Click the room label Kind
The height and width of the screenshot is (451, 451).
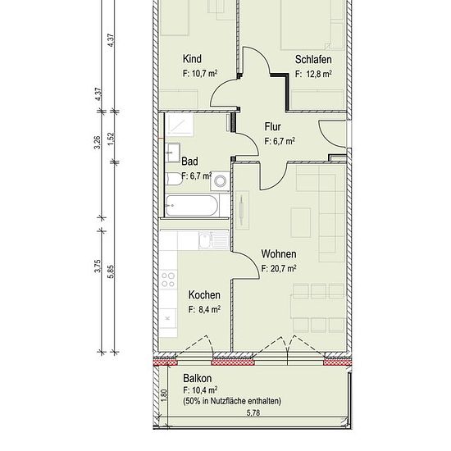coord(192,59)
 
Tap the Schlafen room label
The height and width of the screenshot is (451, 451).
coord(313,60)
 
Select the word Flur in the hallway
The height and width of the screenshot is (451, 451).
coord(273,126)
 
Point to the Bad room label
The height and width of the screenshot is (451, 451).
coord(189,162)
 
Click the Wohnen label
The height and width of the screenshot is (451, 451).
coord(279,254)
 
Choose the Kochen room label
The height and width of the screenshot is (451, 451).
coord(204,295)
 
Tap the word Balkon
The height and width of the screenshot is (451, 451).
coord(198,378)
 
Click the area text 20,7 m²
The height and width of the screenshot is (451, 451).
coord(284,269)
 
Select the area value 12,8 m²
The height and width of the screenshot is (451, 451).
coord(319,74)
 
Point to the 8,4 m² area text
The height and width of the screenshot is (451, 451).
coord(210,310)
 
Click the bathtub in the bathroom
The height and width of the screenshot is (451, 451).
coord(191,206)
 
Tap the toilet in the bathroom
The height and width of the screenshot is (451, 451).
coord(174,179)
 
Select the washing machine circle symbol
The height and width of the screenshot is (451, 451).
coord(221,181)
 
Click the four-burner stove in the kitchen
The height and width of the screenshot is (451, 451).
coord(168,280)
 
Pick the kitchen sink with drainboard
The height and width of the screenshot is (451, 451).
coord(213,240)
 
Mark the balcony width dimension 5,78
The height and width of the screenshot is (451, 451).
coord(253,412)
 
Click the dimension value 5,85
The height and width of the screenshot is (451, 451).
coord(112,271)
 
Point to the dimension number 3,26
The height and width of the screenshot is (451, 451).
coord(98,143)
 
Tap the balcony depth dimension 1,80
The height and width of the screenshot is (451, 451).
coord(164,395)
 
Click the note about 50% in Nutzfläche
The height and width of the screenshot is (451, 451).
coord(232,401)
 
